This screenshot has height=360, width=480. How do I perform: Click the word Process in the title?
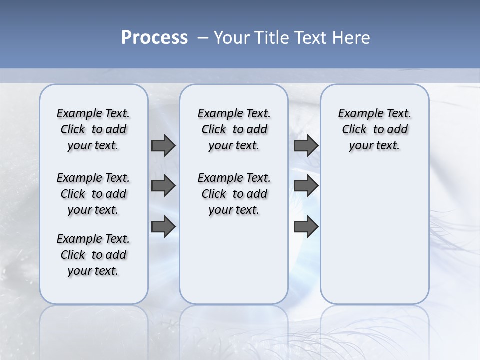[x=154, y=38]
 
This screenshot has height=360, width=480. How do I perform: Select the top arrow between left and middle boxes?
[x=163, y=146]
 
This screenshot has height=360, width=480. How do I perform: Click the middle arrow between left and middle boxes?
[x=163, y=186]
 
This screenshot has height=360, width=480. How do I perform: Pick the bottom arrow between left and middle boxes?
[x=163, y=226]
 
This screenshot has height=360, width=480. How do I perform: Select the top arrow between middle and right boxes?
[x=306, y=146]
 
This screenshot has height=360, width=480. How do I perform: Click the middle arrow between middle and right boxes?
[x=306, y=186]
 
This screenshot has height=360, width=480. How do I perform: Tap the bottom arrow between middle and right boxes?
[x=306, y=226]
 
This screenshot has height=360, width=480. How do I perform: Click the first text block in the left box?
[x=93, y=129]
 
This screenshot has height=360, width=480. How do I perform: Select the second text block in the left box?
[x=93, y=194]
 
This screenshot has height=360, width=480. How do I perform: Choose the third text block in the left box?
[x=93, y=255]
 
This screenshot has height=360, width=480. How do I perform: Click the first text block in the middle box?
[x=234, y=129]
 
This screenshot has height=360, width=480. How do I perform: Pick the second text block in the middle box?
[x=234, y=194]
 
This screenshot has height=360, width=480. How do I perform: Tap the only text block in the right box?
[x=374, y=129]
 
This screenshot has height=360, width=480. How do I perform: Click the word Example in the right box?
[x=357, y=114]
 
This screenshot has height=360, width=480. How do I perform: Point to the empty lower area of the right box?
[x=374, y=235]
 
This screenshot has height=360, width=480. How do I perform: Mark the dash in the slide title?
[x=203, y=38]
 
